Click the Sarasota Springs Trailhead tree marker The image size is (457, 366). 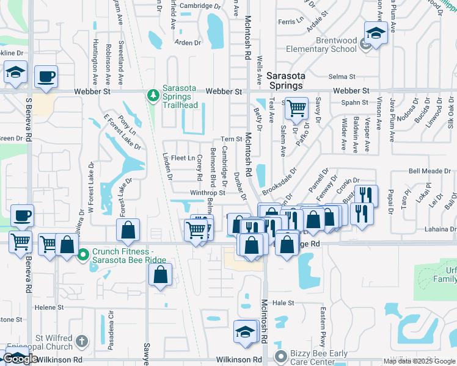153,95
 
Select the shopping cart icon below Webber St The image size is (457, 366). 296,109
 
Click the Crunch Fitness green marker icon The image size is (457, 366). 83,252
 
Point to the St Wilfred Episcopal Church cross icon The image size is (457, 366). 82,339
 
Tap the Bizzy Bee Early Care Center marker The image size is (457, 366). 281,356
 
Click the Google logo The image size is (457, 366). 20,359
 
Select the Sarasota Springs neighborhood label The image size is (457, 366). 286,81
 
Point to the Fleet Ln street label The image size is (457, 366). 183,159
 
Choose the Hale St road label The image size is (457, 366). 283,303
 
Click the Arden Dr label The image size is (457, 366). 188,43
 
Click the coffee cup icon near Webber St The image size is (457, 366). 46,77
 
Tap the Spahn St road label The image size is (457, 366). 353,103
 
